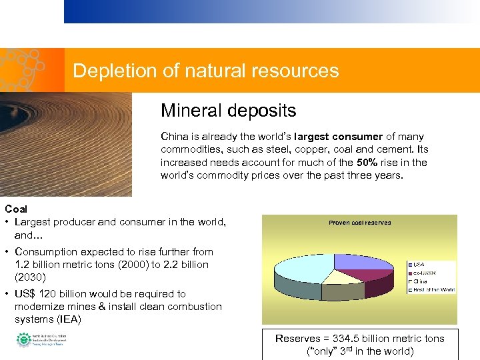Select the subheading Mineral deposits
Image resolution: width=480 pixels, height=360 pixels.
(x=228, y=110)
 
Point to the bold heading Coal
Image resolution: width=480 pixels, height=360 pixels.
(x=16, y=209)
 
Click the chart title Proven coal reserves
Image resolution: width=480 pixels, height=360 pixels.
(x=359, y=223)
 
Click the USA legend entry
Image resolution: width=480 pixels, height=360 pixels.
(x=420, y=264)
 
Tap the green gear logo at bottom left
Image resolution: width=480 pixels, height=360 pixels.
(x=23, y=340)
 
